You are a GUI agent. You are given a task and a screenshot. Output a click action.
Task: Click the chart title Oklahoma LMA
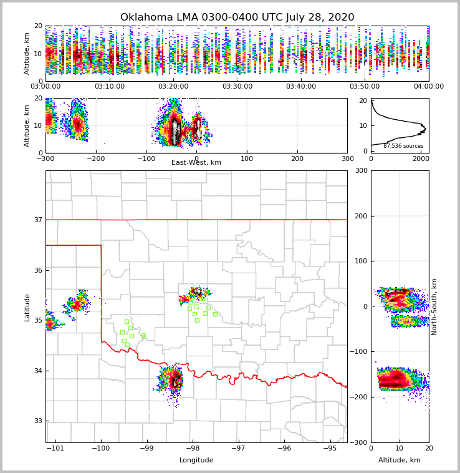(x=237, y=17)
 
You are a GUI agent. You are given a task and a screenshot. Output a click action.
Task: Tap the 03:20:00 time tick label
(x=173, y=87)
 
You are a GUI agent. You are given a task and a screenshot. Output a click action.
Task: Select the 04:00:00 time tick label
(x=429, y=87)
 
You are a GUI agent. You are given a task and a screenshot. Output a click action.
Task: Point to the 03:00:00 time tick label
(x=46, y=87)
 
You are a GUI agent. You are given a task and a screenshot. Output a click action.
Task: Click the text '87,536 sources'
(x=403, y=146)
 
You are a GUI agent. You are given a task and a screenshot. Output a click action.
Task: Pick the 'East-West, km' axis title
(x=196, y=163)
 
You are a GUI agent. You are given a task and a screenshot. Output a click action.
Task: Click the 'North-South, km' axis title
(x=434, y=306)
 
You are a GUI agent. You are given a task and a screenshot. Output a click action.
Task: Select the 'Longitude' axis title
(x=196, y=461)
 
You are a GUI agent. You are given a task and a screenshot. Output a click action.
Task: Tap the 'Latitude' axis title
(x=27, y=307)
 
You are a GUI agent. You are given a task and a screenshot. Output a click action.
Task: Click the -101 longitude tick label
(x=55, y=449)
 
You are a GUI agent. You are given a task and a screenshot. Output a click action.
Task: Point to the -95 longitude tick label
(x=330, y=449)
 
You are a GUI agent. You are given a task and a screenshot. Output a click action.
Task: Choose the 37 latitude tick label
(x=37, y=220)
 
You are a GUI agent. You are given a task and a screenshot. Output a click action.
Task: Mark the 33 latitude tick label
(x=37, y=421)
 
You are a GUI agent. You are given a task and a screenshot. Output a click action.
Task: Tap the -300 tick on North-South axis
(x=360, y=442)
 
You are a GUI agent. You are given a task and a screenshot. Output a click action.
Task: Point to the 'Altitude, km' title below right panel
(x=400, y=461)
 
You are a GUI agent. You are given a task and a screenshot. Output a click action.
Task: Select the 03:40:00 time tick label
(x=301, y=87)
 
